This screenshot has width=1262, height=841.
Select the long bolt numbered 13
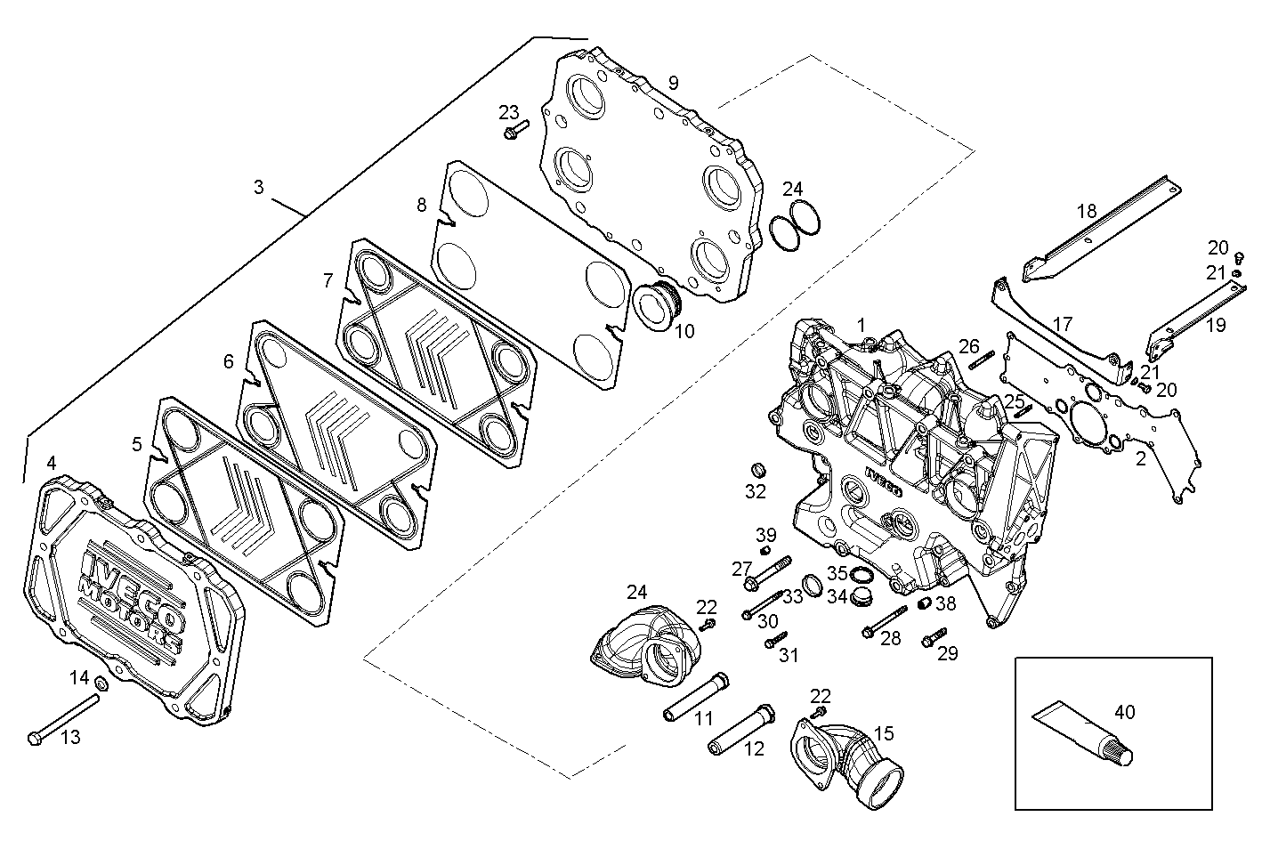pos(63,719)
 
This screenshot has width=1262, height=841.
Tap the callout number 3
pos(258,188)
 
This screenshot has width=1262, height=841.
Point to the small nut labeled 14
pos(101,684)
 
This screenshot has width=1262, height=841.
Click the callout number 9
pos(674,83)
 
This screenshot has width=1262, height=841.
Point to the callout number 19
pos(1217,327)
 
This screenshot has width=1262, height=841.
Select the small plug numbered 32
pos(760,470)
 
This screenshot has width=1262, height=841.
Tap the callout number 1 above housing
pos(861,324)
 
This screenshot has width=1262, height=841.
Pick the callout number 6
pos(229,361)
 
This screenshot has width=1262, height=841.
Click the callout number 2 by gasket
pos(1141,459)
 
